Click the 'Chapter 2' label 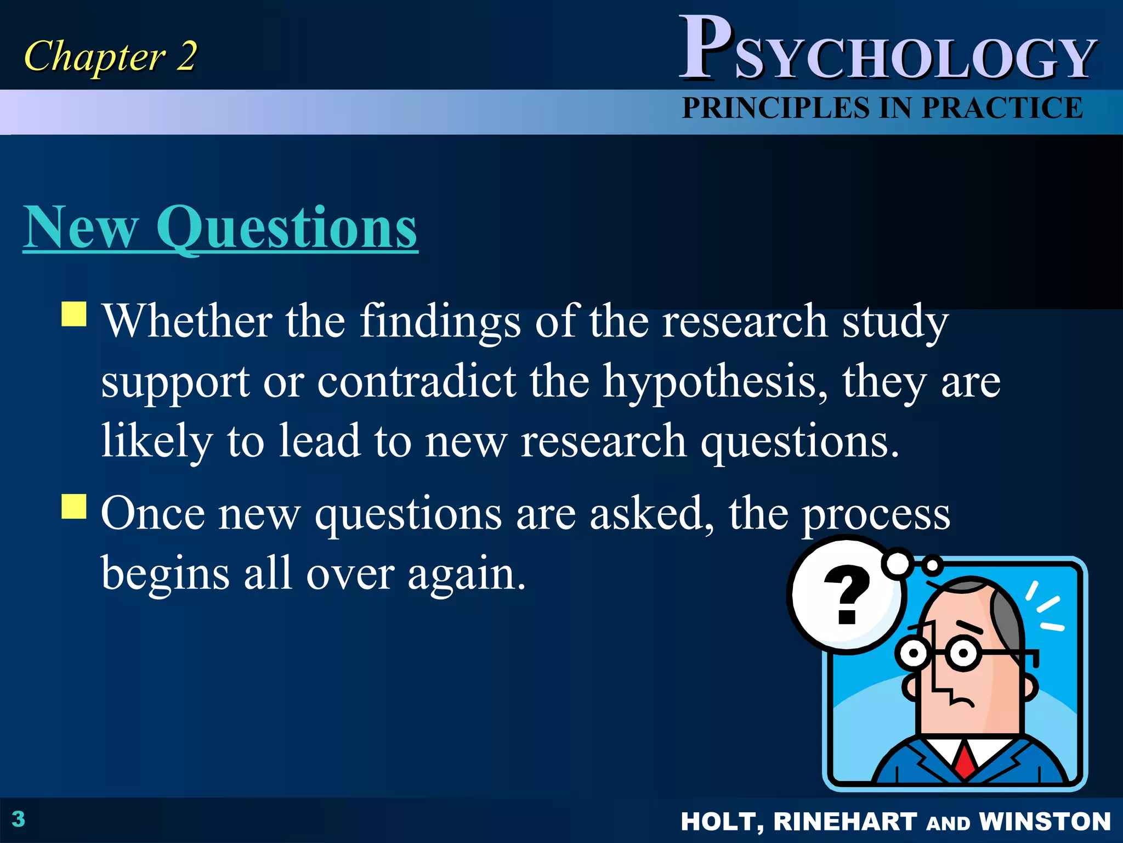(x=110, y=57)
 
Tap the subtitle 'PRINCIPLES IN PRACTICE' (x=882, y=108)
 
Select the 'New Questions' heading (x=220, y=228)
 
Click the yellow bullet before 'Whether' (x=74, y=314)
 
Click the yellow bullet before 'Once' (x=74, y=507)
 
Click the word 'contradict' (x=417, y=381)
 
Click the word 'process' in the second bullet (x=876, y=515)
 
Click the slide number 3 (x=19, y=819)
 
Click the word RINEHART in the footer (x=844, y=822)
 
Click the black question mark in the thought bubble (x=847, y=595)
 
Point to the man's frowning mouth (x=962, y=701)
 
